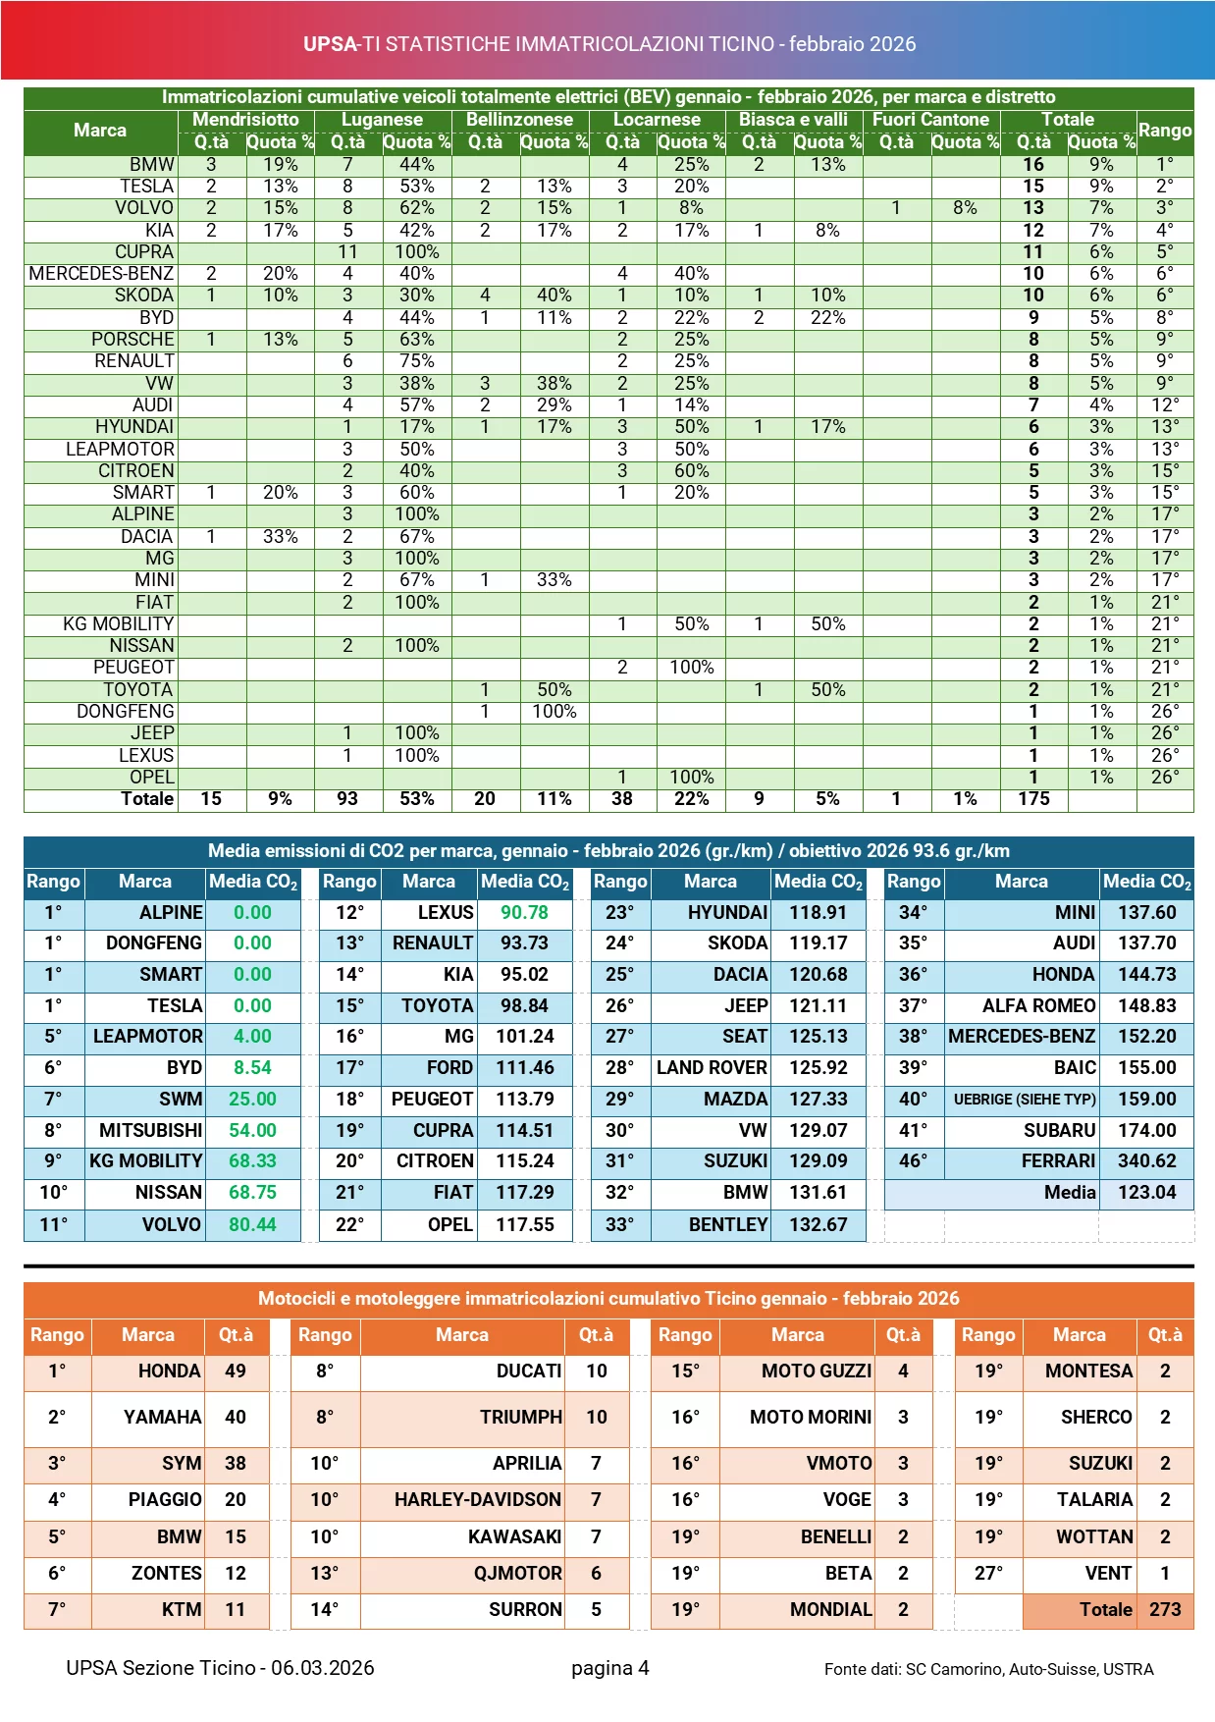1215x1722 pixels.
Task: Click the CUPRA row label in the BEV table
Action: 144,252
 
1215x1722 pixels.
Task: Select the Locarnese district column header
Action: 657,120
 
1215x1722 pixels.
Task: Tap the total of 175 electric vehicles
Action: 1033,799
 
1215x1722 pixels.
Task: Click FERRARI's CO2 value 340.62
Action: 1146,1161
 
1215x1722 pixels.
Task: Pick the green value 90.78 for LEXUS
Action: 524,913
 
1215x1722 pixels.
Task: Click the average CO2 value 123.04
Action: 1146,1193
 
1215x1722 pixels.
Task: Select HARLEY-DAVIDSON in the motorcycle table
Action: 478,1500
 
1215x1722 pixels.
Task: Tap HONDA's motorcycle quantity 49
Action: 236,1372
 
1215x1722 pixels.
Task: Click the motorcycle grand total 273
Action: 1165,1610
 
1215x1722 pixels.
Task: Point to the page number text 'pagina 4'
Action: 609,1668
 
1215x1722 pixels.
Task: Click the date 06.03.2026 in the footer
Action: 323,1668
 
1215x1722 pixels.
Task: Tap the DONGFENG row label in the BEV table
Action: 126,712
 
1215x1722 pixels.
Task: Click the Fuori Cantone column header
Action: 930,120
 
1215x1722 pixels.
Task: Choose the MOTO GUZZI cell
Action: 817,1372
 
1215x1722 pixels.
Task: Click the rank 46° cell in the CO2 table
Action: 913,1161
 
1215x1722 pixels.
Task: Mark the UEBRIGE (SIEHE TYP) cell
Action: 1024,1100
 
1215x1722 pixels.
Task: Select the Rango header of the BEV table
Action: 1165,131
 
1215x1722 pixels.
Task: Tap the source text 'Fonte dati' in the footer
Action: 862,1669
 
